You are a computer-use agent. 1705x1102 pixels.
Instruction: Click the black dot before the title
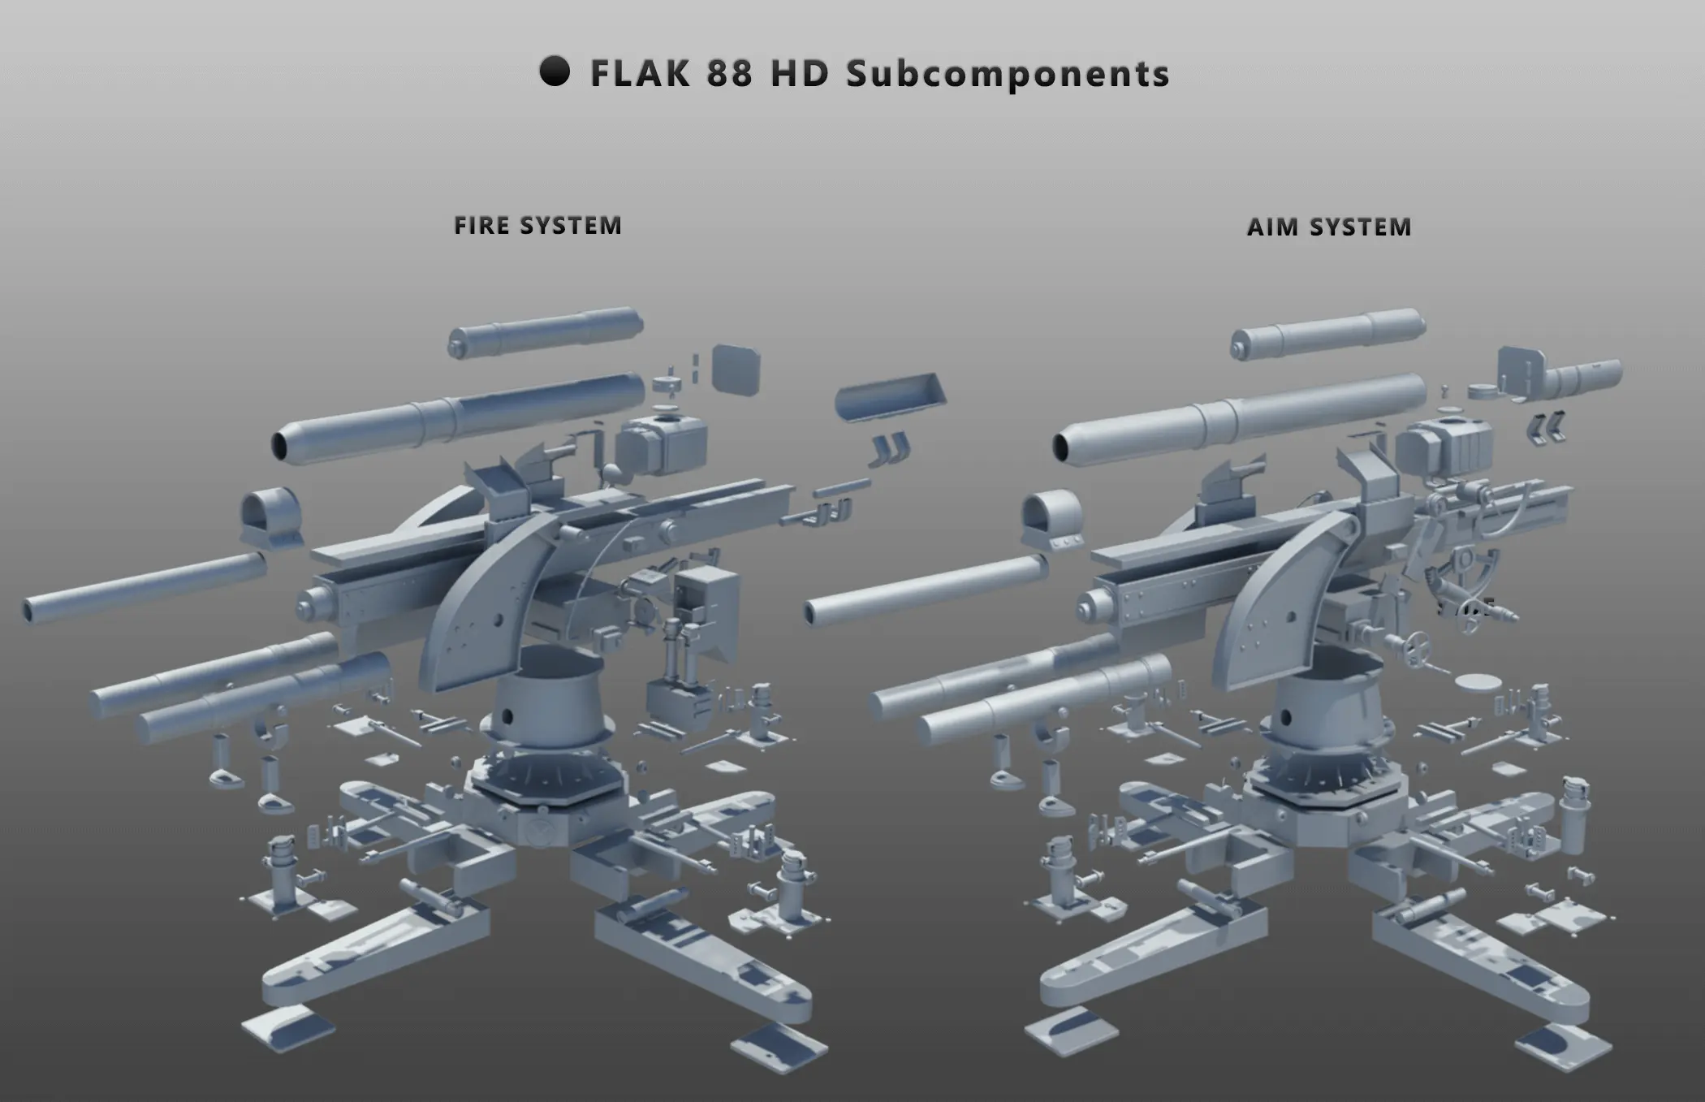[x=555, y=71]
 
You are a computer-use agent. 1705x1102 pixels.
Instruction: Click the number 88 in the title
[x=730, y=73]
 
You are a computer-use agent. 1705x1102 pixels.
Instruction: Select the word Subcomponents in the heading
[x=1008, y=75]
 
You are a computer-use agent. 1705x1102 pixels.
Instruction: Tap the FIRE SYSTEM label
[x=537, y=225]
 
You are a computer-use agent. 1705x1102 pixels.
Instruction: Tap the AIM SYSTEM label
[x=1329, y=227]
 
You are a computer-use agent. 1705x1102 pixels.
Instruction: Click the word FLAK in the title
[x=640, y=73]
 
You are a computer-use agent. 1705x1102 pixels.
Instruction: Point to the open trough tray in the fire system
[x=891, y=398]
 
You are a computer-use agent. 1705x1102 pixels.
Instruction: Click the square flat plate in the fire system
[x=736, y=369]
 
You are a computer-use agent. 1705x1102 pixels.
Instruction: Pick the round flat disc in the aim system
[x=1477, y=681]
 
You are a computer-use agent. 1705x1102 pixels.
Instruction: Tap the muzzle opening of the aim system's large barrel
[x=1061, y=446]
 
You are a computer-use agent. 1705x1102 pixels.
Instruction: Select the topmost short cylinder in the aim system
[x=1328, y=332]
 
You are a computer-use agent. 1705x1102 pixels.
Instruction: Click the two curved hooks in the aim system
[x=1547, y=428]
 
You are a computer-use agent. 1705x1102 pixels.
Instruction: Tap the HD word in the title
[x=800, y=73]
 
